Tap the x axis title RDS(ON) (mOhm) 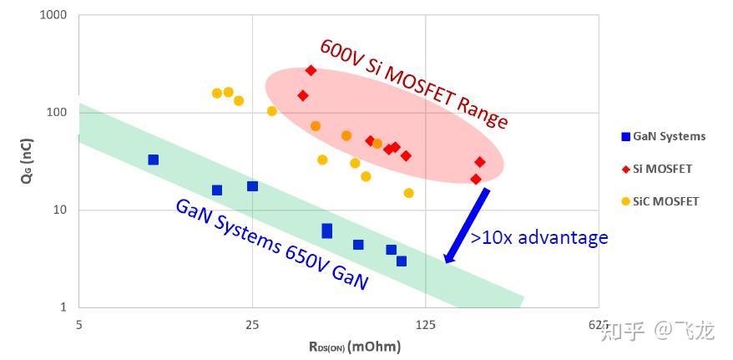tap(355, 346)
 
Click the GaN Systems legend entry tap(664, 136)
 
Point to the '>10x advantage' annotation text tap(539, 238)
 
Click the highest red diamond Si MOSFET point tap(311, 70)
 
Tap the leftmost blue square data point tap(153, 160)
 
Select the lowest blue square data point tap(402, 261)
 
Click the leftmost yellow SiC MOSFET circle tap(217, 94)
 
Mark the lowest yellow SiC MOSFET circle tap(409, 193)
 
